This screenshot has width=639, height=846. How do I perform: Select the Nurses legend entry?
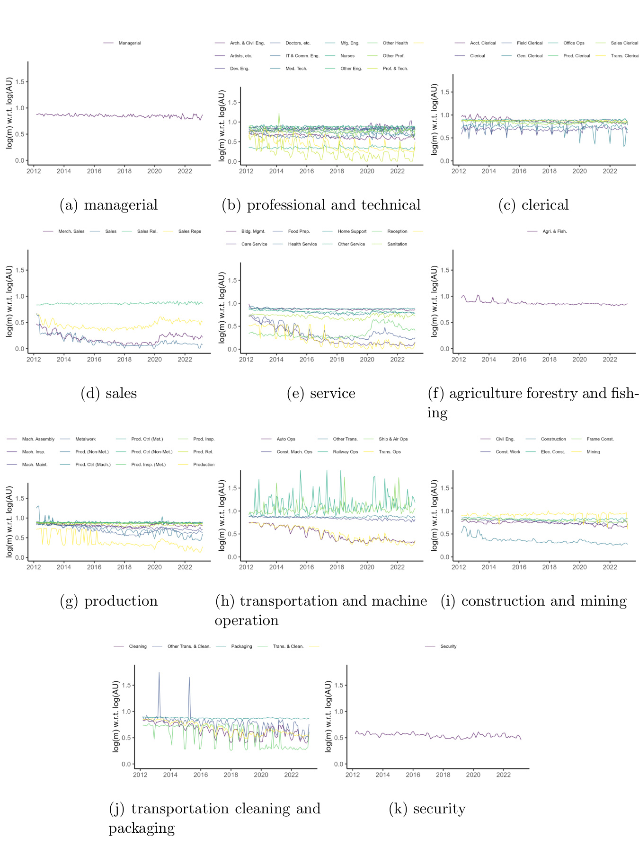pos(347,56)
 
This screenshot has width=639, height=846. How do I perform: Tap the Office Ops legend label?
pos(574,43)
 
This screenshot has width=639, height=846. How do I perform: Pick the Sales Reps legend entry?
pos(189,231)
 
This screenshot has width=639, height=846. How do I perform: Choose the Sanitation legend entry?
pos(397,244)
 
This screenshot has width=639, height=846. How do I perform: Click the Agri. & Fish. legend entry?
pos(554,231)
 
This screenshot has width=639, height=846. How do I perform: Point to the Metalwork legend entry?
pos(85,439)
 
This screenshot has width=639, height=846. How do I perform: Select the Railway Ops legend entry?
pos(345,452)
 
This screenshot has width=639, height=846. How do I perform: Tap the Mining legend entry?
pos(593,452)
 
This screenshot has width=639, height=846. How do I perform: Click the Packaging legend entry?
pos(241,646)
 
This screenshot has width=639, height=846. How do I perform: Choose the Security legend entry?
pos(448,646)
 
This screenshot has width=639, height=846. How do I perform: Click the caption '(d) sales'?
pos(109,393)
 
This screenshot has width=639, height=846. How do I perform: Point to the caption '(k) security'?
pos(427,809)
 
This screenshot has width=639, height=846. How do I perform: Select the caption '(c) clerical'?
pos(533,205)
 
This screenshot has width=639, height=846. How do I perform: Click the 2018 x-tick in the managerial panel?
pos(124,171)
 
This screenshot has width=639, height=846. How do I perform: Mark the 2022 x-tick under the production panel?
pos(185,567)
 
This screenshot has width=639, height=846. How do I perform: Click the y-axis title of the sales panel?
pos(9,301)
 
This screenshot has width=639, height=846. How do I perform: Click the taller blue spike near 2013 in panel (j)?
pos(159,673)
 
